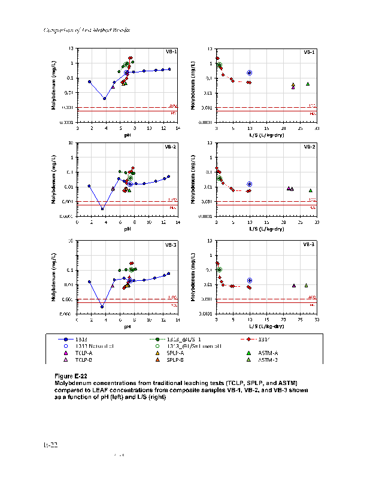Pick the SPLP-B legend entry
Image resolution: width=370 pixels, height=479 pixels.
coord(174,360)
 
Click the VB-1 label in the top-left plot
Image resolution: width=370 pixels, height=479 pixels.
coord(171,52)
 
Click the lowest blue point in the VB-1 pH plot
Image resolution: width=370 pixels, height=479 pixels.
coord(105,99)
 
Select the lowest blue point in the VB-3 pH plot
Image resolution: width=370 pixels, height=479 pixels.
coord(102,307)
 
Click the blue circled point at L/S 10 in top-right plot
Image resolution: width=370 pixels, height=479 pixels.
coord(249,73)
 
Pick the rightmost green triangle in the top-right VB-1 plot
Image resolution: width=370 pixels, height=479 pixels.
coord(308,84)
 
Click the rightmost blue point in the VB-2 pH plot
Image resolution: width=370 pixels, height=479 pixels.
coord(169,177)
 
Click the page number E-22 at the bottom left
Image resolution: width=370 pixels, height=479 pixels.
coord(50,445)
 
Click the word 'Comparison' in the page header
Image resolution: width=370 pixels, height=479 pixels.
coord(57,30)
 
